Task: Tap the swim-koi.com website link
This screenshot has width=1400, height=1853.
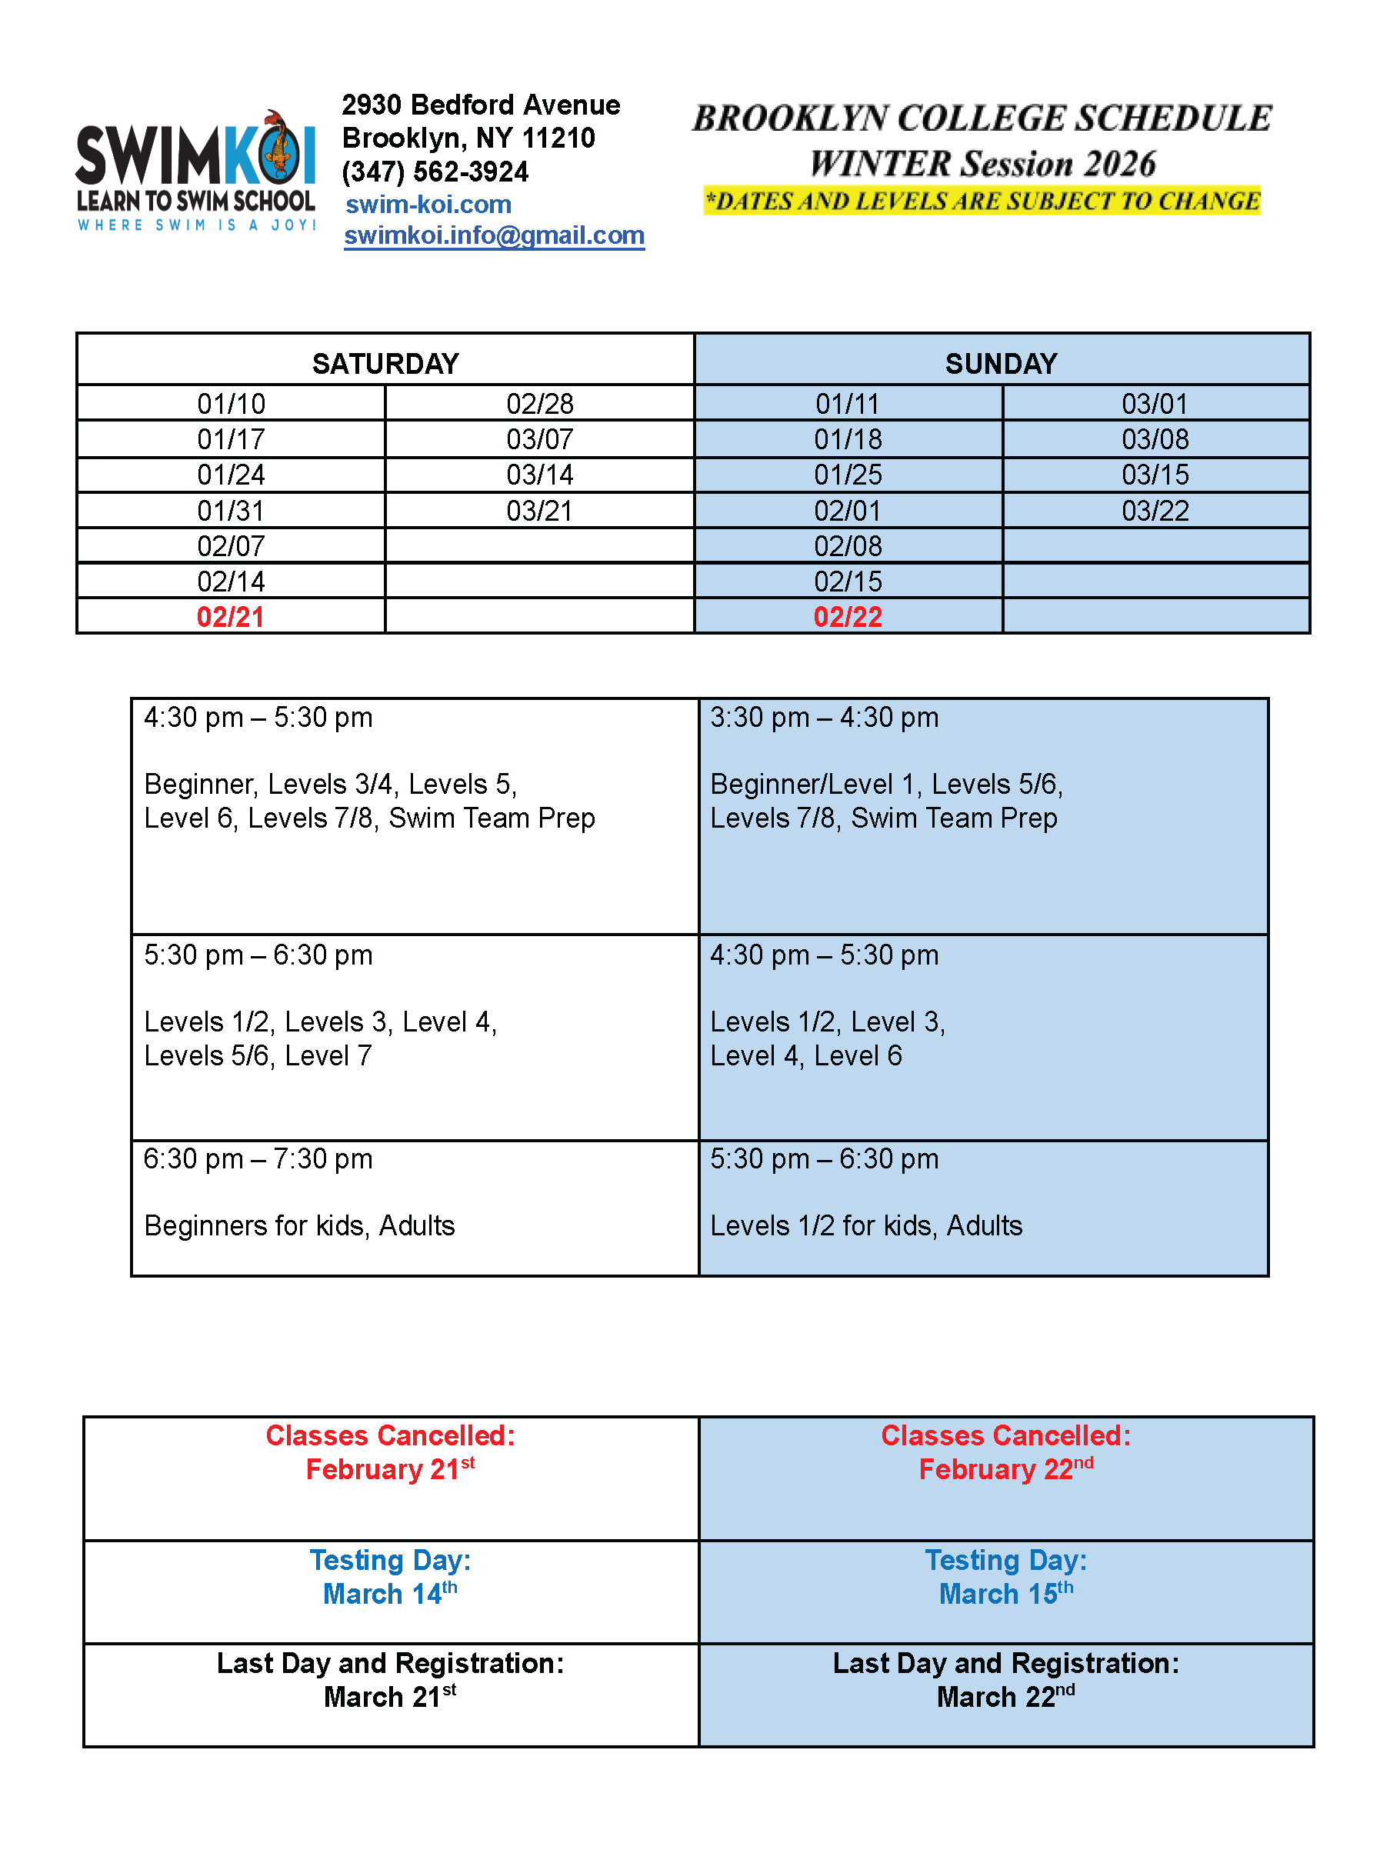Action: pyautogui.click(x=428, y=205)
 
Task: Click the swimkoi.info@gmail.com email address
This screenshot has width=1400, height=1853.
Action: pyautogui.click(x=494, y=235)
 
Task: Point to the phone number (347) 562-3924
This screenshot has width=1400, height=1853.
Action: pyautogui.click(x=435, y=172)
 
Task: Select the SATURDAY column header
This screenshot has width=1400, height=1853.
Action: pyautogui.click(x=385, y=364)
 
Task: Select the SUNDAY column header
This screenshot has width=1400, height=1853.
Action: pyautogui.click(x=1002, y=364)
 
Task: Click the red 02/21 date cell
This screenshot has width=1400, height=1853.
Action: pyautogui.click(x=231, y=618)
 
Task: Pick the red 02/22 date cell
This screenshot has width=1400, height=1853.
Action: pyautogui.click(x=848, y=618)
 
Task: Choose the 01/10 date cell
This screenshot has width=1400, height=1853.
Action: pyautogui.click(x=232, y=404)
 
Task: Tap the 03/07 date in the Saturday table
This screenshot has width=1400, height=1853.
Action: pyautogui.click(x=539, y=439)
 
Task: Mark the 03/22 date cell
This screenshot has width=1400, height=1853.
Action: pyautogui.click(x=1155, y=511)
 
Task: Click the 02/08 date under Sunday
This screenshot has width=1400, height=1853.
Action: pyautogui.click(x=848, y=546)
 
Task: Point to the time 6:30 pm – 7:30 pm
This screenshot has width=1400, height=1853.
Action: pyautogui.click(x=258, y=1159)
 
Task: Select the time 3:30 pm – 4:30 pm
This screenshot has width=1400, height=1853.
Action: pyautogui.click(x=825, y=718)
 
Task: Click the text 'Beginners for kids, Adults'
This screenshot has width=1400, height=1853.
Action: pyautogui.click(x=299, y=1226)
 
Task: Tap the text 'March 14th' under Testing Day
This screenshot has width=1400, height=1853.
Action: pyautogui.click(x=389, y=1593)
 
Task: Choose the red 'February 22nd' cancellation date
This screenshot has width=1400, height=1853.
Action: pyautogui.click(x=1005, y=1469)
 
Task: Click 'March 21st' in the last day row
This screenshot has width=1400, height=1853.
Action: pyautogui.click(x=389, y=1696)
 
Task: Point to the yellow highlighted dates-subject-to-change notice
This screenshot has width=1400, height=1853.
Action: pyautogui.click(x=982, y=201)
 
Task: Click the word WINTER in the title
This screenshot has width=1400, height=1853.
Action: pyautogui.click(x=880, y=164)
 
